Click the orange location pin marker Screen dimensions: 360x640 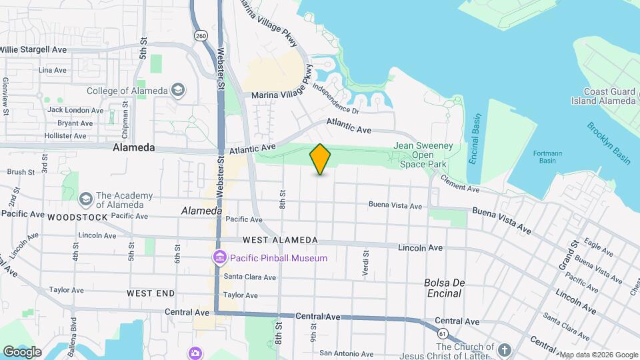tap(321, 159)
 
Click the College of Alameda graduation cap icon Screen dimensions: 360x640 tap(178, 89)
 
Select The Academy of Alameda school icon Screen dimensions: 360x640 tap(85, 199)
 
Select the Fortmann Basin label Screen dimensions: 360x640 tap(547, 157)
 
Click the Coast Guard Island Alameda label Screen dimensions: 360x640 tap(603, 96)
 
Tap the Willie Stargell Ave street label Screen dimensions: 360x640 tap(33, 49)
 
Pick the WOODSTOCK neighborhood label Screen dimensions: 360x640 tap(77, 217)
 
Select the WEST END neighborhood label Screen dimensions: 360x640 tap(151, 293)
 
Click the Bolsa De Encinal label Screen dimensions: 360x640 tap(443, 287)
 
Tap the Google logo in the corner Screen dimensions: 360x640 tap(22, 351)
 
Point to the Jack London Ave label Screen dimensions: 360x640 tap(75, 110)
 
